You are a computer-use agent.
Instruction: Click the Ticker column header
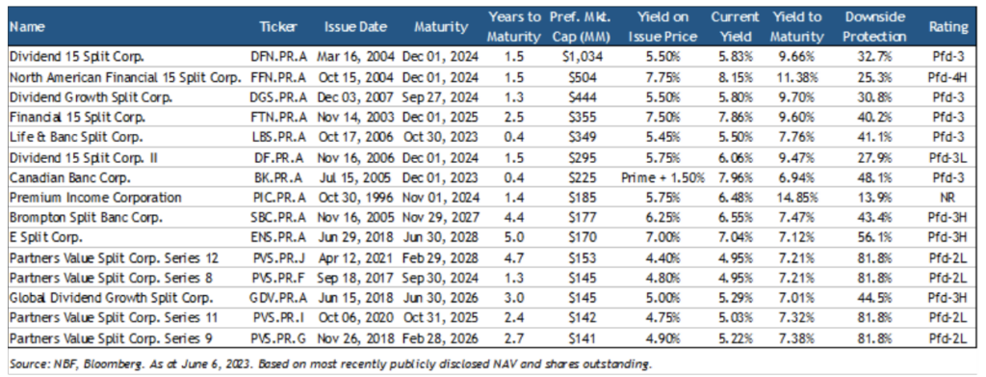278,27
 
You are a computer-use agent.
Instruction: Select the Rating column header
948,27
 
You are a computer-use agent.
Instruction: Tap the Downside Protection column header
874,27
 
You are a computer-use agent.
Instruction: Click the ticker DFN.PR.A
278,57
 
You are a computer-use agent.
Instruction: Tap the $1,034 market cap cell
583,57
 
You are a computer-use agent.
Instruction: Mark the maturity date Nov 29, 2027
441,219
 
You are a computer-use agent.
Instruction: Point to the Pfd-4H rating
948,78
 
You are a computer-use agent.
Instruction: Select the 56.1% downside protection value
874,239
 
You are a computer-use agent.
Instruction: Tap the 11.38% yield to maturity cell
797,78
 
